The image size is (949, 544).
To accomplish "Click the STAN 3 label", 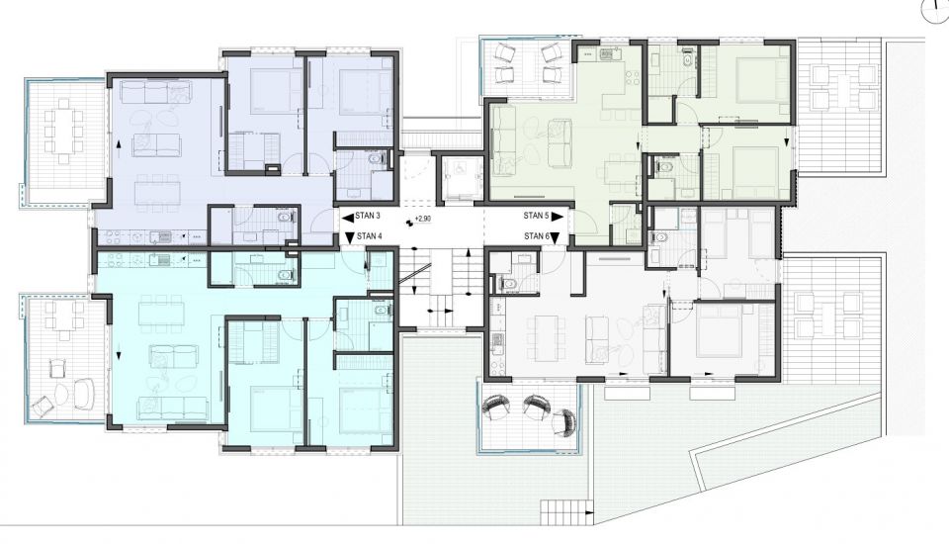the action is (368, 216).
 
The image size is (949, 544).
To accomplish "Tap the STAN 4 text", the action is (369, 236).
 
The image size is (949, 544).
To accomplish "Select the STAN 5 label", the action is (536, 216).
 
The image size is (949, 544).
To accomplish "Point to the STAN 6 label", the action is (537, 236).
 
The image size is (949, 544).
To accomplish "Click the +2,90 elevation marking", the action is (422, 219).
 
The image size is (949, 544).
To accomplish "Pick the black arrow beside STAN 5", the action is (558, 217).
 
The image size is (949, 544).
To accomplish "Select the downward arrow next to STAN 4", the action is (349, 236).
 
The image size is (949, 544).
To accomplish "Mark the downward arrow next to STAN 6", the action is (556, 237).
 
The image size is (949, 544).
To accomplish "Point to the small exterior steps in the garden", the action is (565, 512).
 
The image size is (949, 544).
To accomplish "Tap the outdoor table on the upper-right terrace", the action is (844, 87).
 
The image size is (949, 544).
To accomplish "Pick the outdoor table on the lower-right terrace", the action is (828, 316).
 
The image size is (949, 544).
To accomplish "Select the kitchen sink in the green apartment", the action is (606, 55).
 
